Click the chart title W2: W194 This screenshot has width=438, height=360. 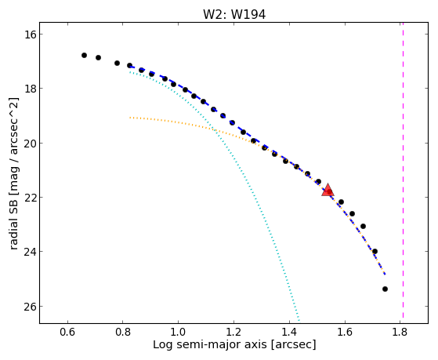pos(234,15)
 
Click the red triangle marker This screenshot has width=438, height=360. pos(328,191)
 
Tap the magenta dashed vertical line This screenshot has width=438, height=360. pos(403,170)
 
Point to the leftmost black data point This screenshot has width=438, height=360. pos(84,56)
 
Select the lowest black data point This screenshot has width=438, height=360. pos(385,289)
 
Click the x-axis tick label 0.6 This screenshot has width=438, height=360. pos(67,332)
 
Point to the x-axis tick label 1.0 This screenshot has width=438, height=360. pos(178,332)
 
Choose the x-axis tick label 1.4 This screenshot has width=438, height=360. pos(289,332)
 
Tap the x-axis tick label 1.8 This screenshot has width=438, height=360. pos(400,332)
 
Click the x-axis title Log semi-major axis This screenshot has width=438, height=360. pos(210,344)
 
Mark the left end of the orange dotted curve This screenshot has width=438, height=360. pos(130,118)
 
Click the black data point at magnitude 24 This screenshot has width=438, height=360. pos(375,251)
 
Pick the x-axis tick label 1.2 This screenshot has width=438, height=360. pos(233,332)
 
